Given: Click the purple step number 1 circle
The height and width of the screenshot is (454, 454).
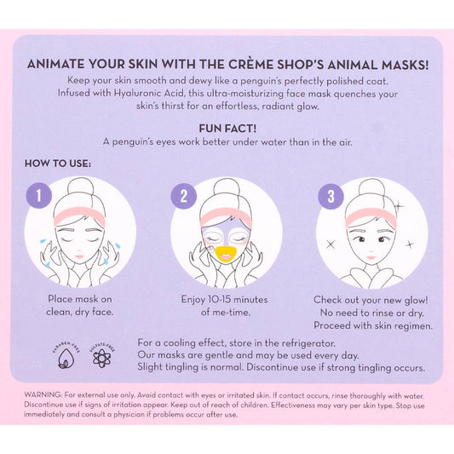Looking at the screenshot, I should point(37,198).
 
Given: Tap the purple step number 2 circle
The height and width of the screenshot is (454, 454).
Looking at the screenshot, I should point(184,198).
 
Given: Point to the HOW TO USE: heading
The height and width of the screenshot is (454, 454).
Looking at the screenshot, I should point(58,162).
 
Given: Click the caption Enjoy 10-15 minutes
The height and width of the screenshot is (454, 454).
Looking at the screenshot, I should point(227,300).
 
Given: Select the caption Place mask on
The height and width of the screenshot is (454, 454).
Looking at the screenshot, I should point(78,300).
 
